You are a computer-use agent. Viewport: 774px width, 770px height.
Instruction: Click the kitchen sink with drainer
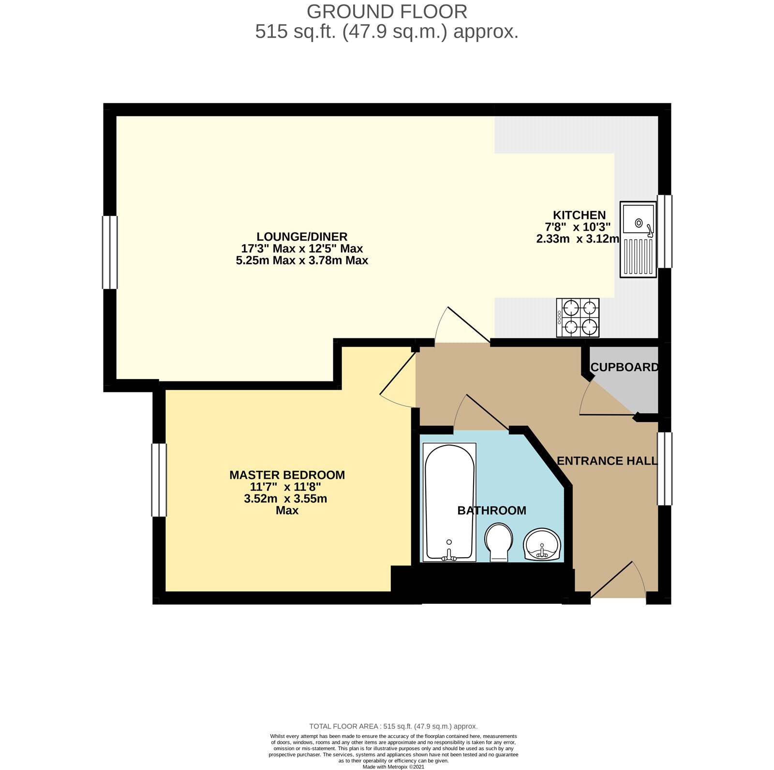[638, 240]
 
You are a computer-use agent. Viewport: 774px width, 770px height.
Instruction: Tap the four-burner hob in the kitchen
[578, 318]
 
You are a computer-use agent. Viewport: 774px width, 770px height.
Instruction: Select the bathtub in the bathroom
[449, 502]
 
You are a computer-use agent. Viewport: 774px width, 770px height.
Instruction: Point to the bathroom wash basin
[542, 544]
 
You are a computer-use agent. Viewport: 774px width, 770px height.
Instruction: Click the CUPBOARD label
[625, 367]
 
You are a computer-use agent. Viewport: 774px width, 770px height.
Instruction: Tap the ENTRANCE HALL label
[607, 461]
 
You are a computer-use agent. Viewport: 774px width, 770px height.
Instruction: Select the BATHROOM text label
[492, 510]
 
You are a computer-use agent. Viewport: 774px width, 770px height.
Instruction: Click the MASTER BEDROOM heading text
[287, 475]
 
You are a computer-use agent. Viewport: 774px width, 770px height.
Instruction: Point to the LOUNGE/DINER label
[302, 236]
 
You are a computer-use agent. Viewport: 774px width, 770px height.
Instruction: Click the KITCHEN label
[580, 215]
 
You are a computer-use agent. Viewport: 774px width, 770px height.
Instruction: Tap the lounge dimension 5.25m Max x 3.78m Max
[302, 260]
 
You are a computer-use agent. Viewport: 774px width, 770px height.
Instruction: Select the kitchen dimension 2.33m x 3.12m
[578, 238]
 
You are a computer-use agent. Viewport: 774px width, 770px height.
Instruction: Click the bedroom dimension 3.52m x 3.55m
[286, 498]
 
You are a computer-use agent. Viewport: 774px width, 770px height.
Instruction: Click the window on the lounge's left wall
[110, 252]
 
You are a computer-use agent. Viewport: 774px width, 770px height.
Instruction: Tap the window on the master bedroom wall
[159, 480]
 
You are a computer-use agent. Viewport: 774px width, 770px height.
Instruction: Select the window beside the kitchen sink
[665, 231]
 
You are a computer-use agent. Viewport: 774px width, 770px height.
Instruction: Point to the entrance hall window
[665, 469]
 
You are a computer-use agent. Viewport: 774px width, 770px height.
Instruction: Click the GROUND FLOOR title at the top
[387, 11]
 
